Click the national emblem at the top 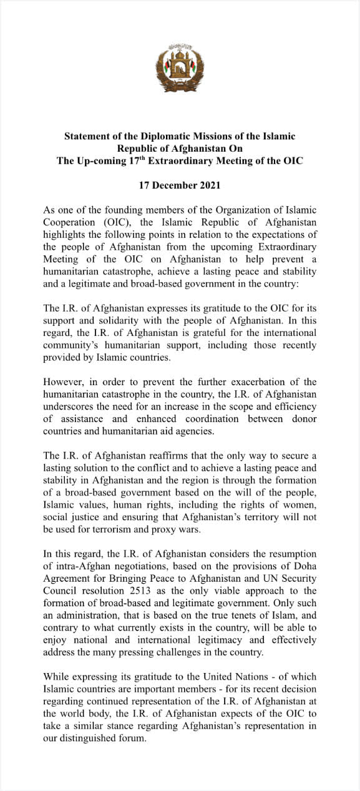coord(180,68)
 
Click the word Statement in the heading coord(88,135)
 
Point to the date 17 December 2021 coord(180,185)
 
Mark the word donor coord(303,418)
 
